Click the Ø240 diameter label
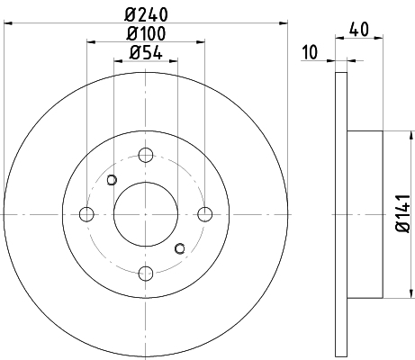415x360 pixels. coord(146,14)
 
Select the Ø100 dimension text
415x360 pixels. coord(146,33)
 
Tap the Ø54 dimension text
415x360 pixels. coord(146,53)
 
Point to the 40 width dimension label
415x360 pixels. coord(359,30)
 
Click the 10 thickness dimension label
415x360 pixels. coord(310,52)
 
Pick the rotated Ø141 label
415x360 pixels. coord(402,213)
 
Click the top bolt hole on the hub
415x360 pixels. coord(146,155)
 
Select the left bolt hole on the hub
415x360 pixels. coord(86,214)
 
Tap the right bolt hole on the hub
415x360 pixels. coord(205,214)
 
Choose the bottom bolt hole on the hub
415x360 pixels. coord(146,274)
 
